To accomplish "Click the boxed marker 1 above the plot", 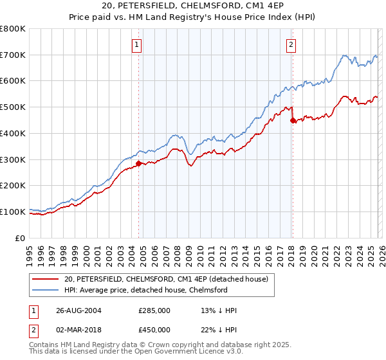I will pyautogui.click(x=138, y=44).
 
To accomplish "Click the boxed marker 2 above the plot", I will pyautogui.click(x=291, y=44).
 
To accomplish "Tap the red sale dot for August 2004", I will pyautogui.click(x=138, y=163).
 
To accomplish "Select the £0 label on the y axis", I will pyautogui.click(x=21, y=238).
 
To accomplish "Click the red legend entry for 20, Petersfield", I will pyautogui.click(x=170, y=278).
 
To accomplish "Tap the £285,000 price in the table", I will pyautogui.click(x=154, y=310).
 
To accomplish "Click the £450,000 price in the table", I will pyautogui.click(x=154, y=330).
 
